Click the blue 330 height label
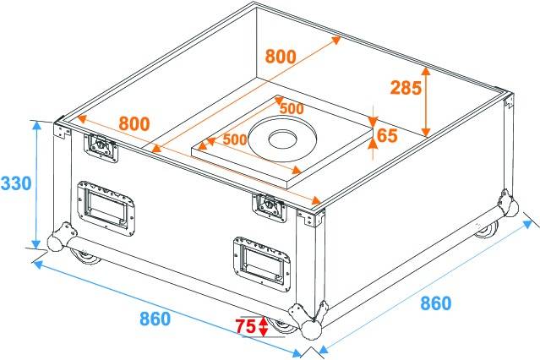pyautogui.click(x=17, y=183)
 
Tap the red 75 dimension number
pyautogui.click(x=245, y=326)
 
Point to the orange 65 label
pyautogui.click(x=387, y=135)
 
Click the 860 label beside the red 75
pyautogui.click(x=155, y=319)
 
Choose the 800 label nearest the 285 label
pyautogui.click(x=280, y=57)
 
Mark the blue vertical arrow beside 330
pyautogui.click(x=36, y=183)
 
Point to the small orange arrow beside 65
pyautogui.click(x=373, y=135)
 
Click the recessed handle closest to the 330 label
pyautogui.click(x=106, y=205)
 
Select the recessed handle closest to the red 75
pyautogui.click(x=259, y=259)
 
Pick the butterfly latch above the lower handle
pyautogui.click(x=268, y=204)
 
